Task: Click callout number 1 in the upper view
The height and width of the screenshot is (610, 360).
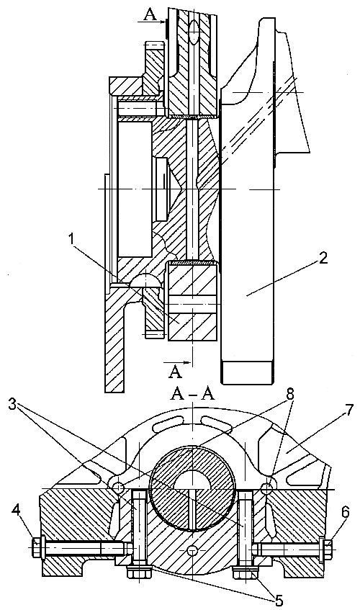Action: [71, 238]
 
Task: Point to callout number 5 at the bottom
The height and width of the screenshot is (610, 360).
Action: [279, 601]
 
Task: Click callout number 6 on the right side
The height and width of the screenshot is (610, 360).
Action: [345, 512]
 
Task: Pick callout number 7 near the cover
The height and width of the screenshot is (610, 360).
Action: [348, 410]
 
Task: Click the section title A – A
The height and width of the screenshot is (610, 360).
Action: [193, 395]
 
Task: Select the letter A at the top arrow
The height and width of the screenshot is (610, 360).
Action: [150, 14]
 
